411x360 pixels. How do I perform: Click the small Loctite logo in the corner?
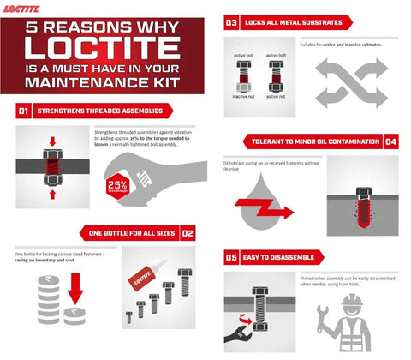[20, 7]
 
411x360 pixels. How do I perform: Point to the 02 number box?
[188, 232]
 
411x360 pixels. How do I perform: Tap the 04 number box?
[390, 141]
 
